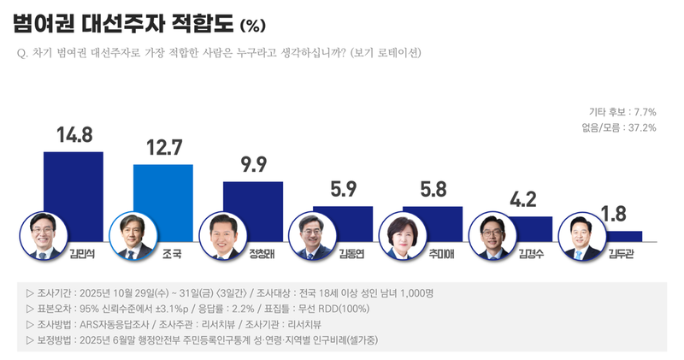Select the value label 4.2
(x=522, y=201)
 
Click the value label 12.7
(x=163, y=148)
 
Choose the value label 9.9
(x=253, y=165)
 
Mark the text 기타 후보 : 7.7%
(x=622, y=112)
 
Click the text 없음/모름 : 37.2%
(x=618, y=127)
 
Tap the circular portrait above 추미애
(x=399, y=236)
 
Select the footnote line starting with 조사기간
(x=230, y=292)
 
